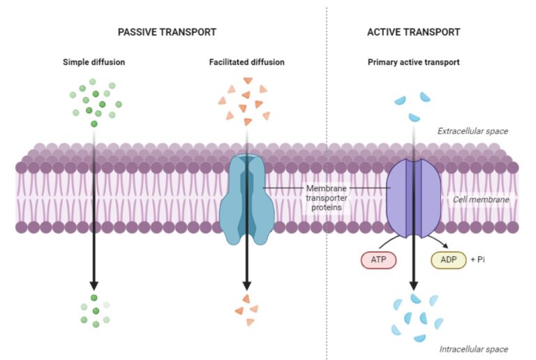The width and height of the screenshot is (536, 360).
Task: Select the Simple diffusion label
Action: pyautogui.click(x=94, y=62)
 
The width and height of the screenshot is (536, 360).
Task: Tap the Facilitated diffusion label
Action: pyautogui.click(x=246, y=62)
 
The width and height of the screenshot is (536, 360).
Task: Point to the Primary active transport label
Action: pyautogui.click(x=413, y=62)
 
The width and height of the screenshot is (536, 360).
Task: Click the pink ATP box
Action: pyautogui.click(x=379, y=260)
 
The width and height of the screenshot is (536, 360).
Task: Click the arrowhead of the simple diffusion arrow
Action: pyautogui.click(x=94, y=285)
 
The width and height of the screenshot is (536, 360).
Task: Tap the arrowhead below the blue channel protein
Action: pyautogui.click(x=246, y=285)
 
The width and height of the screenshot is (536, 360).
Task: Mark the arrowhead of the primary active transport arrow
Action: pyautogui.click(x=413, y=285)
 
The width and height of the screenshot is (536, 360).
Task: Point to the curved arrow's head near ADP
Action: pyautogui.click(x=445, y=246)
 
